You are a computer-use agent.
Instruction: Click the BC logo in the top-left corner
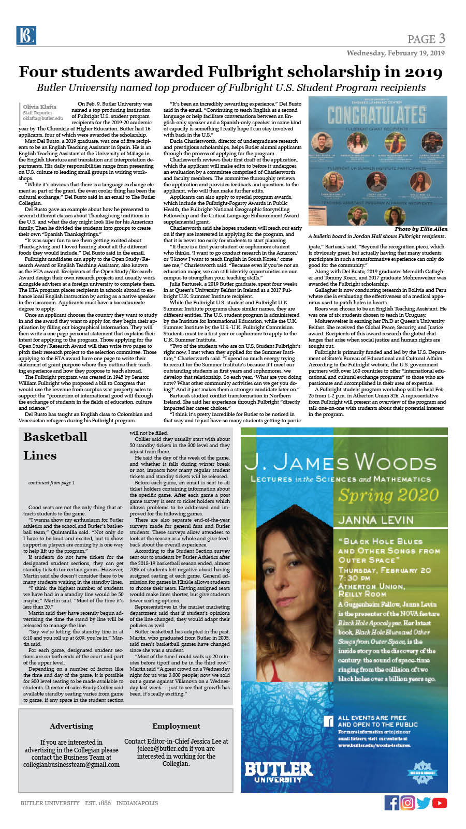(25, 35)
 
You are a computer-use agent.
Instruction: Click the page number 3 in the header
(442, 38)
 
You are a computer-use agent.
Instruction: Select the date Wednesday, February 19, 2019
(396, 53)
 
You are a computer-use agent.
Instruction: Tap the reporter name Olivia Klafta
(39, 107)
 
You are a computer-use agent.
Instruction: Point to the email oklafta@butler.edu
(42, 119)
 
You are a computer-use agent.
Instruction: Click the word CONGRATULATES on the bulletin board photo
(376, 114)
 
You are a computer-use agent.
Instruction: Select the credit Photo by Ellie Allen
(420, 229)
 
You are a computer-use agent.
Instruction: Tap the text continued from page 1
(51, 483)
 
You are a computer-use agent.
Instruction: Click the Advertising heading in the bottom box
(71, 726)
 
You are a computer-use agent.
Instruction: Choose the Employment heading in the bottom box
(176, 726)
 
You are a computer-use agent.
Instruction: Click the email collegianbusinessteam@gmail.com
(71, 764)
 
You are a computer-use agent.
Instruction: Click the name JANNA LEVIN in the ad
(376, 520)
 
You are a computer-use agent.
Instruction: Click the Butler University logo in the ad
(278, 772)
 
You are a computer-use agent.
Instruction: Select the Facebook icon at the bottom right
(392, 803)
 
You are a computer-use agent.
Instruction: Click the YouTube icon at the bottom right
(440, 803)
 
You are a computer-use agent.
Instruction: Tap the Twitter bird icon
(424, 803)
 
